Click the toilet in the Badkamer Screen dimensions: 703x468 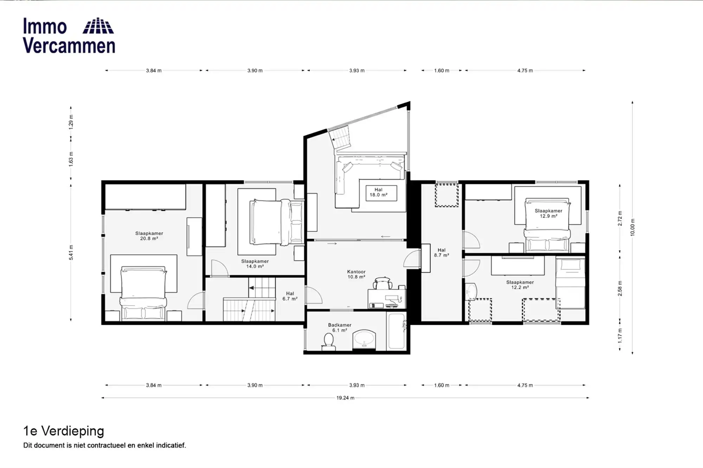tap(328, 341)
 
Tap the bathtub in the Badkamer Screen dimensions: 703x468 tap(396, 331)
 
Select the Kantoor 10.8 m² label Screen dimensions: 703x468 tap(356, 274)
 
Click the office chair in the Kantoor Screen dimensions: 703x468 tap(383, 283)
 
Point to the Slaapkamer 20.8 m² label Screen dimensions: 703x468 tap(149, 236)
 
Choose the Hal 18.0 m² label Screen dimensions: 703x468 tap(378, 192)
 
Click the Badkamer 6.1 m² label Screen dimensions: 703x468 tap(340, 328)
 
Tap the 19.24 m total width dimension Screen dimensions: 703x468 tap(345, 398)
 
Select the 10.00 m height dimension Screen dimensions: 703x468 tap(633, 227)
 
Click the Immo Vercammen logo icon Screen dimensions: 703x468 tap(98, 26)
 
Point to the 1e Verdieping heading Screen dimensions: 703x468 tap(64, 431)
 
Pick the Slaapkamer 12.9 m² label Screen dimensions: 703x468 tap(548, 213)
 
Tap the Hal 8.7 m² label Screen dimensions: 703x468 tap(441, 253)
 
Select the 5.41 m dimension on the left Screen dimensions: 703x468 tap(71, 252)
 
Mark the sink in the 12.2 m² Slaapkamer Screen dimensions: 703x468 tap(471, 292)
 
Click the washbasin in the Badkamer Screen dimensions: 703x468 tap(364, 340)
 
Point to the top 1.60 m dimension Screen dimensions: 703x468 tap(441, 71)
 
